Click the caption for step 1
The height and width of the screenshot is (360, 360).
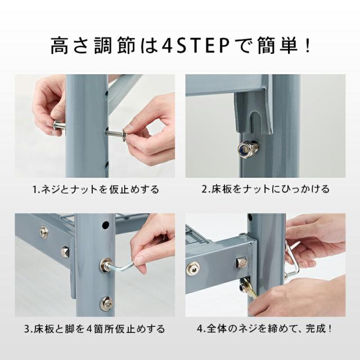click(96, 189)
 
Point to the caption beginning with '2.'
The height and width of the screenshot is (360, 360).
click(265, 189)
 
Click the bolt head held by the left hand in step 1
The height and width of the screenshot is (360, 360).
click(59, 125)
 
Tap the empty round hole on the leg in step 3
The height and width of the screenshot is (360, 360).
click(105, 225)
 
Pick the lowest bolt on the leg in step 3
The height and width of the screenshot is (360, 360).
click(106, 303)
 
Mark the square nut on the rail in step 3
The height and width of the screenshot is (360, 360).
click(64, 251)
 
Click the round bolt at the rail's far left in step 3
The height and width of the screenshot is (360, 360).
click(44, 232)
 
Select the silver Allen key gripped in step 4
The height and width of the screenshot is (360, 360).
click(292, 260)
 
